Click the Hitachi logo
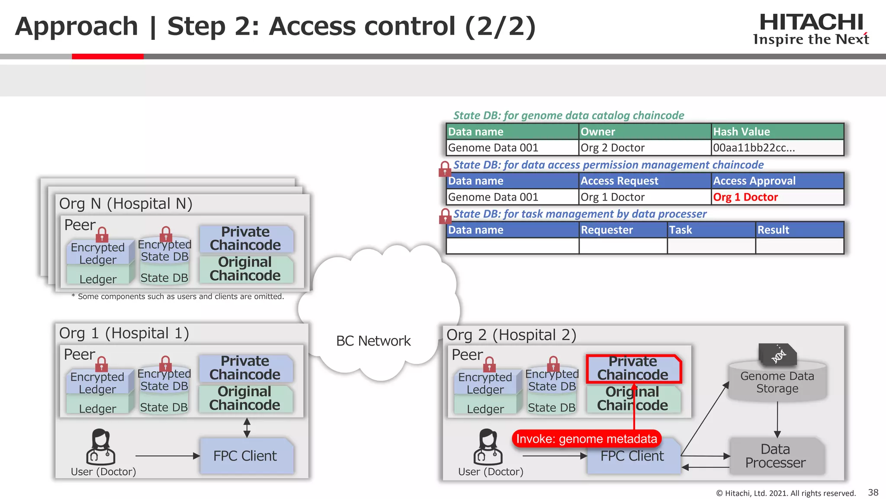tap(811, 29)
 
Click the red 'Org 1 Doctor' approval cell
tap(745, 197)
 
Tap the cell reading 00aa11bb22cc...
tap(754, 148)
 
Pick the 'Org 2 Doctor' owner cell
tap(612, 148)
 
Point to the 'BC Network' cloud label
tap(373, 341)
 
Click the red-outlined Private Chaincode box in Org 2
tap(633, 368)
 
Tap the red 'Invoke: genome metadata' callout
tap(586, 439)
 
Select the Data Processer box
tap(775, 456)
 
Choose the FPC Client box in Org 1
tap(245, 456)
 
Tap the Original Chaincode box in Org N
tap(245, 269)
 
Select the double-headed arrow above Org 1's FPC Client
tap(247, 428)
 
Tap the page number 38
tap(873, 493)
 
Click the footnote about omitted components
tap(177, 297)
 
